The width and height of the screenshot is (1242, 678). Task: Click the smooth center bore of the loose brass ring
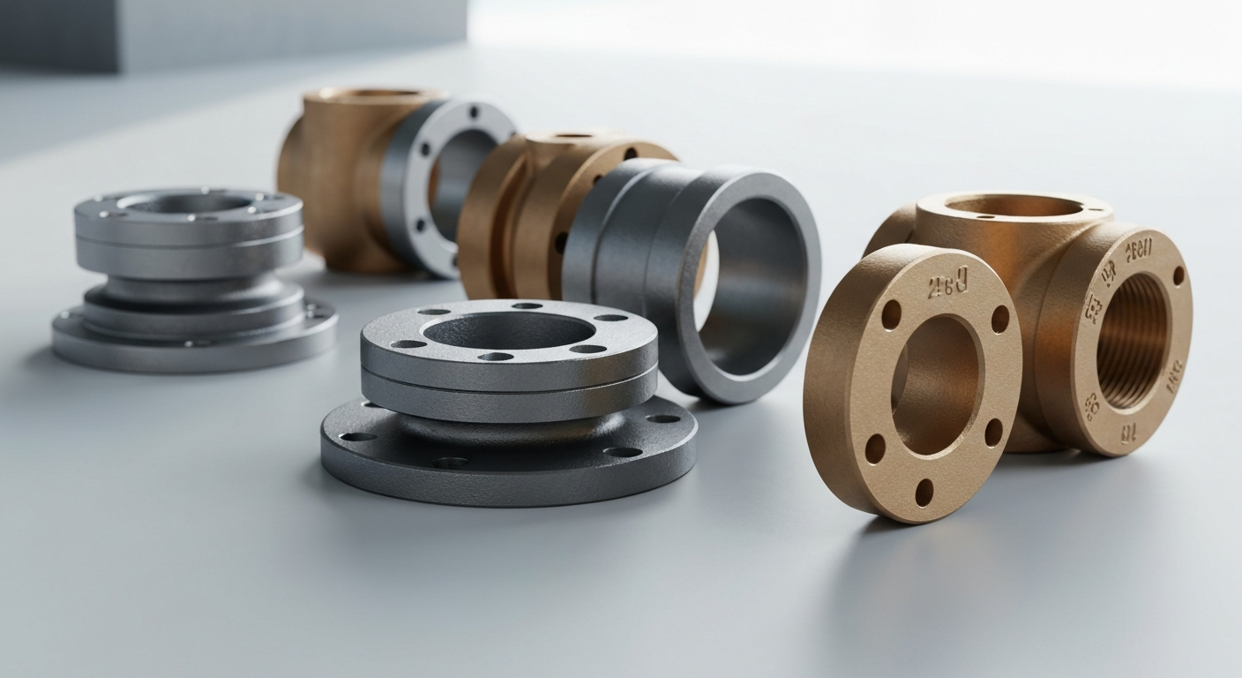point(935,384)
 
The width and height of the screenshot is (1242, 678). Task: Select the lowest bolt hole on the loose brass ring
point(924,492)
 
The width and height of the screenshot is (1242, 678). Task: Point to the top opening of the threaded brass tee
point(1014,207)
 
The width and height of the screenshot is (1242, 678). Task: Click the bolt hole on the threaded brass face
point(1178,275)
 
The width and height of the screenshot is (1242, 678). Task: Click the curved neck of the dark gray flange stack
point(507,426)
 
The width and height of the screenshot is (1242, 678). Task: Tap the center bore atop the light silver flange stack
point(188,203)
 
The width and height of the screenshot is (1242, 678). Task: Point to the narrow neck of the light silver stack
point(190,287)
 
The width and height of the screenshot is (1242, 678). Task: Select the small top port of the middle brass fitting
point(573,136)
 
